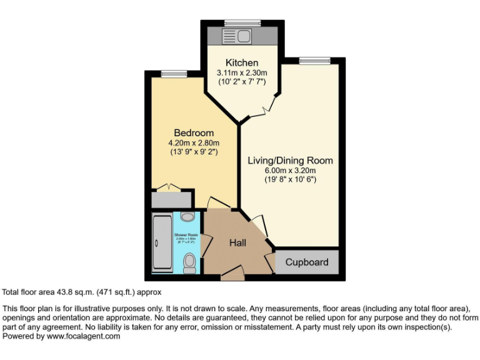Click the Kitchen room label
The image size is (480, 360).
click(241, 62)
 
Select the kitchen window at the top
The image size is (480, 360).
click(242, 23)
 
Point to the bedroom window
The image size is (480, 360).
click(170, 74)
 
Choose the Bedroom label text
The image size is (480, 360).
click(193, 132)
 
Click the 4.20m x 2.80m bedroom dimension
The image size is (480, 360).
click(193, 142)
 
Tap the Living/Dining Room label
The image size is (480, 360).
click(290, 161)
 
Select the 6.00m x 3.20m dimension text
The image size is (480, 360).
click(290, 171)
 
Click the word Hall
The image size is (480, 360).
click(237, 242)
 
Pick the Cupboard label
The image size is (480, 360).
click(306, 262)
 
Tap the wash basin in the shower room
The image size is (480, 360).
click(187, 217)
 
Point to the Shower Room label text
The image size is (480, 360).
click(186, 236)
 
